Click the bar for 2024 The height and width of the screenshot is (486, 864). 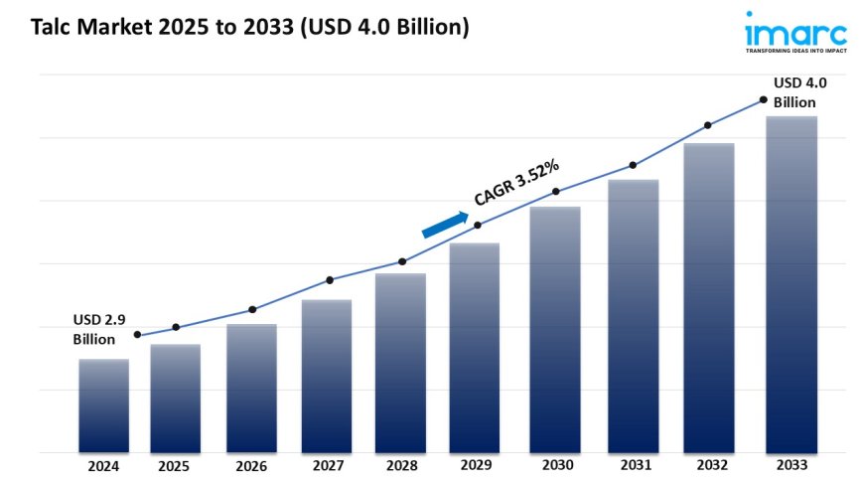coord(103,405)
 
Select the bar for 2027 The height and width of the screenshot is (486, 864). coord(327,376)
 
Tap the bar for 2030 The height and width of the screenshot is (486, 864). coord(555,329)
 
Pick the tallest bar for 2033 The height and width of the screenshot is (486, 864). coord(791,284)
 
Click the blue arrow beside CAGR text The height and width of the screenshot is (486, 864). coord(445,225)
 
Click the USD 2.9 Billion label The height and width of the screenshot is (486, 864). coord(99,330)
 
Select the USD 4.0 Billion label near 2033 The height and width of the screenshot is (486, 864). coord(800,92)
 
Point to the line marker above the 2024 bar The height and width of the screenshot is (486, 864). coord(137,335)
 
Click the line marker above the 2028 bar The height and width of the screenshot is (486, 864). coord(402,261)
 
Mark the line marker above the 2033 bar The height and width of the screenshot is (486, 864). coord(763,99)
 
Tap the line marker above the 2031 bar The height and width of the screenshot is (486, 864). coord(632,165)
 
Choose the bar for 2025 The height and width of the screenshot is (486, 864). coord(176,398)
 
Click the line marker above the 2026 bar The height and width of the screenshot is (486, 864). coord(252,309)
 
